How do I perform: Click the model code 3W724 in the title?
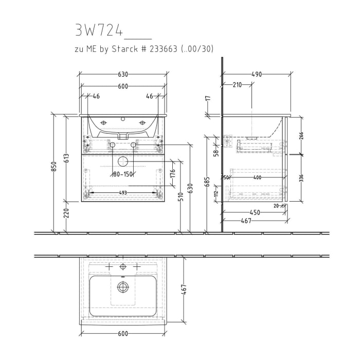pos(99,31)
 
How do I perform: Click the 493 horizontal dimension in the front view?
pos(123,192)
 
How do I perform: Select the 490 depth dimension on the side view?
pos(257,75)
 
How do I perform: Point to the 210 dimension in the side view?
pos(237,85)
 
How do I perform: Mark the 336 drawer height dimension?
pos(301,178)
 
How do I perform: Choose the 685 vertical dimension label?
pos(207,182)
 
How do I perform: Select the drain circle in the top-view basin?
pos(123,286)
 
